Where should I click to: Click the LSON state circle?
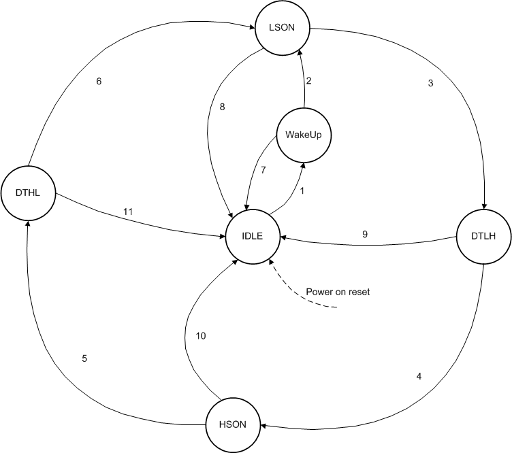click(281, 28)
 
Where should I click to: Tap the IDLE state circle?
click(253, 237)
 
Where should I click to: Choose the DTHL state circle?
click(28, 193)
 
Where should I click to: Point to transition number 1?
click(302, 191)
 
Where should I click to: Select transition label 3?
click(430, 84)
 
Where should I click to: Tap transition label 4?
click(419, 375)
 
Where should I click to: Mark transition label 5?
click(85, 358)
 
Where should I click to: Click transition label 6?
click(99, 82)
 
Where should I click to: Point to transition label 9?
click(364, 234)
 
